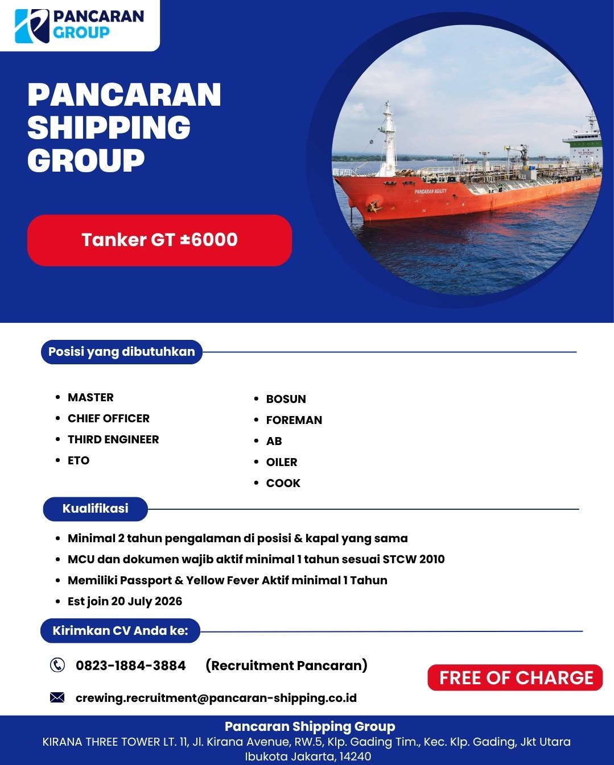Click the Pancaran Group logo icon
point(32,26)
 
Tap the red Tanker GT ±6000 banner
point(159,240)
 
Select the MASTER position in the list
point(90,397)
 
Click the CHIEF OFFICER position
point(109,418)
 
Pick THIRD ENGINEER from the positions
point(113,439)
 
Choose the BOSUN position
point(286,399)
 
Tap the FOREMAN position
point(294,420)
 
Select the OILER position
point(282,462)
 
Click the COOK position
point(283,483)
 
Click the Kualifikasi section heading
point(96,509)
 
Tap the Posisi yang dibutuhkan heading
point(122,352)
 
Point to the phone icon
point(57,665)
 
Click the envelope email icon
point(57,697)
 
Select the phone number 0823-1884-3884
point(131,666)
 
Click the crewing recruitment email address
point(216,698)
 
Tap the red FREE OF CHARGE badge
point(515,677)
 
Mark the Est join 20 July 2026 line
point(125,601)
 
